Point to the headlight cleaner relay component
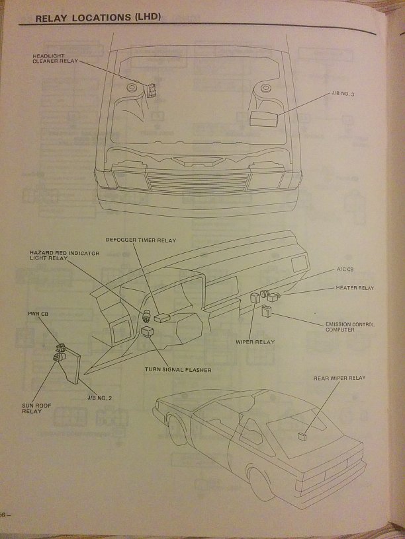[x=152, y=89]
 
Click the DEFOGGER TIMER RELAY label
[x=141, y=240]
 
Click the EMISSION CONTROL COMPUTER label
[x=349, y=326]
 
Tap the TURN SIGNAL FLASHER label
[x=178, y=369]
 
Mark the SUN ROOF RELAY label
[x=31, y=408]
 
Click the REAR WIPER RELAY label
[x=339, y=378]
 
